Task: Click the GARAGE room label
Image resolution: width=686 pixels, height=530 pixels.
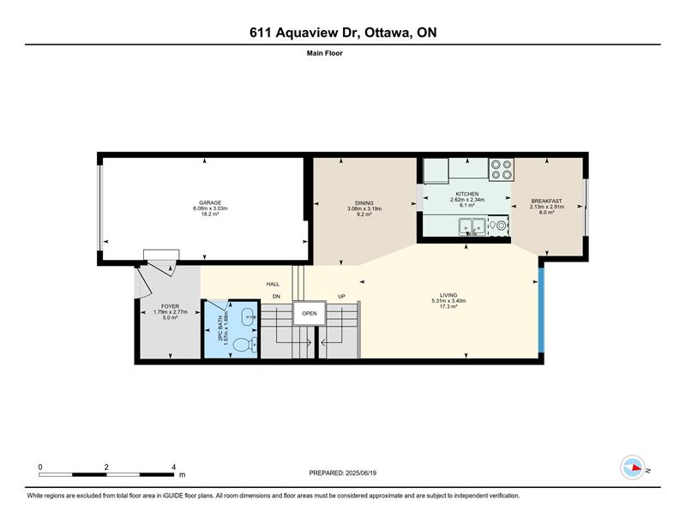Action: click(210, 202)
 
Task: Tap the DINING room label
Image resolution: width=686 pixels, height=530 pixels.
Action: click(364, 203)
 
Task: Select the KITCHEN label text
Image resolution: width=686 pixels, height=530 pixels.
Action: click(467, 194)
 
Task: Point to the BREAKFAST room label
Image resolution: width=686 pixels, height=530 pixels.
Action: click(546, 202)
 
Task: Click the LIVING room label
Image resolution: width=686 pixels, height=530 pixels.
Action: click(448, 295)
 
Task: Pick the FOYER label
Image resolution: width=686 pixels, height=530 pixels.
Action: click(170, 306)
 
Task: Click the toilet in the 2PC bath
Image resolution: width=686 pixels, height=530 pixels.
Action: click(245, 346)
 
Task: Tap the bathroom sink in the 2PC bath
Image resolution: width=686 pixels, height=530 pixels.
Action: click(249, 316)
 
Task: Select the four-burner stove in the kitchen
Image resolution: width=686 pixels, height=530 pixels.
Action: click(501, 169)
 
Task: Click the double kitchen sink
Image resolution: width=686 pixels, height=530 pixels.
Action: click(472, 226)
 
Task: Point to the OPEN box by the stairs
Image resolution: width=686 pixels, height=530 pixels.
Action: click(310, 313)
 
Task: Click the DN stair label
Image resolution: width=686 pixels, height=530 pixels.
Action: click(276, 297)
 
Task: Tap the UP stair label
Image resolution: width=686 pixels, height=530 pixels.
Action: click(341, 297)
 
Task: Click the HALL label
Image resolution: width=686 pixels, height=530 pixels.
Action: click(273, 284)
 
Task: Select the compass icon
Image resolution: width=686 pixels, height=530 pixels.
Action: click(633, 467)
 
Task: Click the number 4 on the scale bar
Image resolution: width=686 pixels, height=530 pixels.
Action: click(174, 467)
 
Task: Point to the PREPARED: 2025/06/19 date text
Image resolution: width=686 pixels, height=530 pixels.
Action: click(342, 473)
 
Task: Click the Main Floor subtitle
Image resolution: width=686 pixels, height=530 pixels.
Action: click(325, 53)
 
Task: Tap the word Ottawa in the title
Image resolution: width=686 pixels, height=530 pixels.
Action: click(388, 33)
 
